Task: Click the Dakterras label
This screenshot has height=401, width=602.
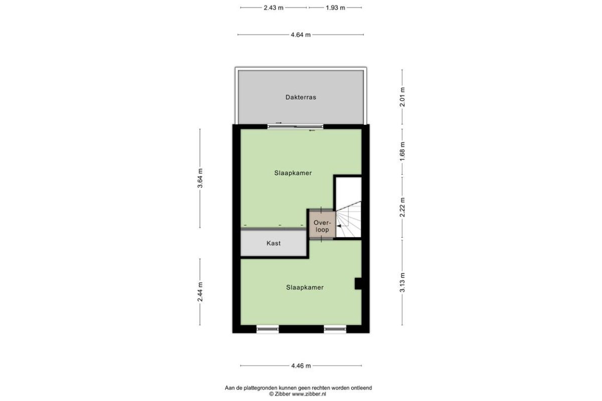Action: click(x=300, y=97)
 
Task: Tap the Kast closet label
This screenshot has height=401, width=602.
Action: click(x=273, y=243)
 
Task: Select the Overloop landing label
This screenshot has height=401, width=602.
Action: click(x=322, y=226)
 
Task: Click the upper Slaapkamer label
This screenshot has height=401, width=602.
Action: click(x=293, y=173)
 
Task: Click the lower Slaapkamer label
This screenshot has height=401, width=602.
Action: click(x=305, y=287)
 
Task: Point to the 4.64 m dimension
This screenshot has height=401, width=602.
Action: click(x=300, y=35)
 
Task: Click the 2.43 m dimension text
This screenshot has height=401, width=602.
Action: click(x=273, y=8)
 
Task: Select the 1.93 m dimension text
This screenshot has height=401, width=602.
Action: click(x=336, y=8)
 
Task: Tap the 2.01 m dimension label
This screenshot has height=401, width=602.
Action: click(x=402, y=97)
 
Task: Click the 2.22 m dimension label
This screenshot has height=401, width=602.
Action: click(x=402, y=207)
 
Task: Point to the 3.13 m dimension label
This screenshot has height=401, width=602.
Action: click(x=402, y=282)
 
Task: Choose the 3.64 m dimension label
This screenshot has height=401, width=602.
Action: click(x=200, y=178)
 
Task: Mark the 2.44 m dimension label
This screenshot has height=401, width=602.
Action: click(x=200, y=292)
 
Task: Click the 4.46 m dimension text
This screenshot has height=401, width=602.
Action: click(x=301, y=365)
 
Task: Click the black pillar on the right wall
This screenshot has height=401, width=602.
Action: click(x=358, y=284)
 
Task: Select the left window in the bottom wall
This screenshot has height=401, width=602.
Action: click(x=267, y=329)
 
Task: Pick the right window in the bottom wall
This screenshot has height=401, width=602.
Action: click(x=335, y=329)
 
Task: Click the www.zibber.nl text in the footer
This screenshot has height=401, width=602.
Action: click(x=309, y=394)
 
